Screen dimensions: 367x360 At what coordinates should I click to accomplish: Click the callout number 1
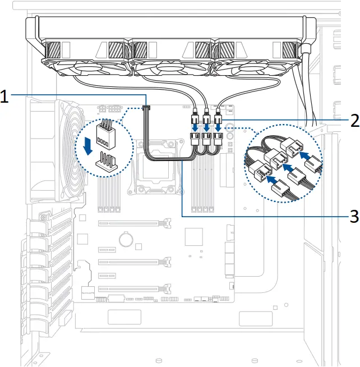[x=4, y=97]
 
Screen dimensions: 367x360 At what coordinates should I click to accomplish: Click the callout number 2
[x=353, y=121]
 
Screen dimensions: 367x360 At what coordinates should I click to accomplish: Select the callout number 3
[x=353, y=215]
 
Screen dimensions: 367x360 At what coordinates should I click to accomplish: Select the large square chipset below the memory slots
[x=193, y=236]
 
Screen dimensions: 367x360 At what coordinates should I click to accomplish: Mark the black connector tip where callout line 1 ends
[x=147, y=106]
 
